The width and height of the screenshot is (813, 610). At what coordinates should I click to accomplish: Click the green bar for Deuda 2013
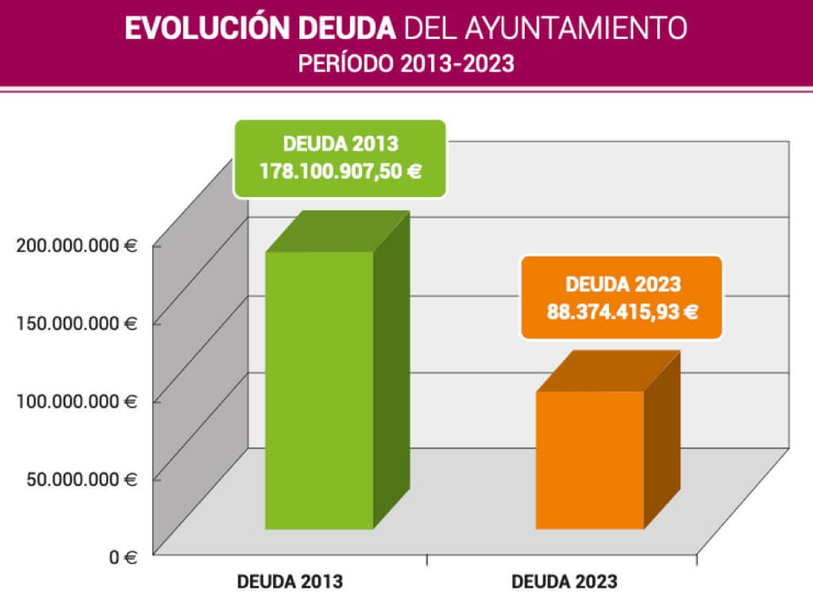[319, 389]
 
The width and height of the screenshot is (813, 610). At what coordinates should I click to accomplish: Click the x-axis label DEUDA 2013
[290, 581]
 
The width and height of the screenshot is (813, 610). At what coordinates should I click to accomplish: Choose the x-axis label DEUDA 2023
[564, 581]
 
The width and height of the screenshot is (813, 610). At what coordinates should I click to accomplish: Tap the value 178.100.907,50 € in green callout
[340, 169]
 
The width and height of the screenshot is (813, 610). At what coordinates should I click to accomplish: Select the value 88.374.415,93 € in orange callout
[622, 311]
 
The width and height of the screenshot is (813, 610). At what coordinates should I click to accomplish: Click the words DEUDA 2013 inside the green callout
[340, 145]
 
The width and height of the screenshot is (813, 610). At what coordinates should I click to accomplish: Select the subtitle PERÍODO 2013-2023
[406, 64]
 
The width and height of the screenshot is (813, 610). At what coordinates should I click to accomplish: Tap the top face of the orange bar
[607, 372]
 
